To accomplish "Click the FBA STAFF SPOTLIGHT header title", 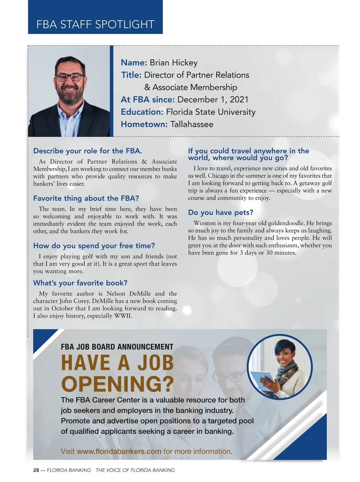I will (95, 24).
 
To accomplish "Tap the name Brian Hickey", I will (173, 63).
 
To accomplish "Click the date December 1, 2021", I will (213, 100).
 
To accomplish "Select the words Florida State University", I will (211, 112).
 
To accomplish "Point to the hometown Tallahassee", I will (192, 124).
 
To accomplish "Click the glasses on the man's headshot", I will (70, 77).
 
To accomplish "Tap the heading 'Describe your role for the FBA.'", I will (88, 151).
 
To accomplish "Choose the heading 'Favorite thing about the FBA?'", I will (86, 198).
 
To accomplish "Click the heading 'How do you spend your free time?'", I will (94, 246).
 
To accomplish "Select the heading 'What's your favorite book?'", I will (80, 283).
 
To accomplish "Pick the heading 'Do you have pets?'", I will (220, 212).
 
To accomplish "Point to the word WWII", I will (123, 316).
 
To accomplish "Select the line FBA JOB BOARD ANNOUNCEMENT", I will (117, 347).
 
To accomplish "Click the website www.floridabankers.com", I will (119, 451).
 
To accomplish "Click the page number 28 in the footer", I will (36, 470).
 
